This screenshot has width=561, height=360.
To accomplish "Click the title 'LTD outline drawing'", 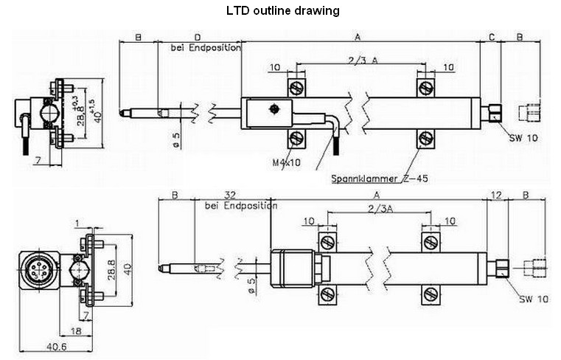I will coord(282,11).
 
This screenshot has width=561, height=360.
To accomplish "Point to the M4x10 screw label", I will coord(284,162).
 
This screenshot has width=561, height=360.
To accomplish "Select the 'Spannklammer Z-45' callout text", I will coord(380,178).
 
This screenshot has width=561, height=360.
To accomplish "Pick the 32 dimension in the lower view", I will coord(231,195).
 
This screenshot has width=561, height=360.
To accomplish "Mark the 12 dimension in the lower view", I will coord(495,195).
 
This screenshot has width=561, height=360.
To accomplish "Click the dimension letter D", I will coord(198,37).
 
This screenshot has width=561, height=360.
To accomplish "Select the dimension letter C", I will coord(491,37).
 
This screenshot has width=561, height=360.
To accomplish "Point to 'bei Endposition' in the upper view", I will coord(206,48).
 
